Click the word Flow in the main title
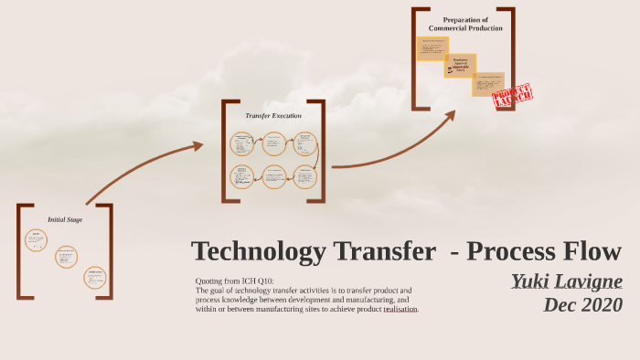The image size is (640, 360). [x=589, y=251]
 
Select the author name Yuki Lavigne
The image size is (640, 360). [x=566, y=281]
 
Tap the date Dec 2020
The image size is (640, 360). [x=582, y=304]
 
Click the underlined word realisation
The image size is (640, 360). [x=400, y=309]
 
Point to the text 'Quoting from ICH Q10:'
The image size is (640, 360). [x=234, y=281]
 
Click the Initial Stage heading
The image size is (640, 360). [x=65, y=219]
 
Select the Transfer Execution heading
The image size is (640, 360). [x=272, y=116]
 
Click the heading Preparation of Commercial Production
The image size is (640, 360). [x=465, y=24]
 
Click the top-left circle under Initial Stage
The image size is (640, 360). [x=36, y=240]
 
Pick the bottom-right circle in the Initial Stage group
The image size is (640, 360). [x=95, y=277]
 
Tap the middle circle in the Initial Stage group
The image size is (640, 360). [x=66, y=257]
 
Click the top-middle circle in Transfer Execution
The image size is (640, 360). [x=274, y=143]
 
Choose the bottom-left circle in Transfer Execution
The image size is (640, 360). [x=242, y=176]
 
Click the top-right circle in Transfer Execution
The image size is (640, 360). [x=305, y=143]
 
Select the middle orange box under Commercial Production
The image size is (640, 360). [x=460, y=66]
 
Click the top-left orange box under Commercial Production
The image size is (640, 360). [x=432, y=48]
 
